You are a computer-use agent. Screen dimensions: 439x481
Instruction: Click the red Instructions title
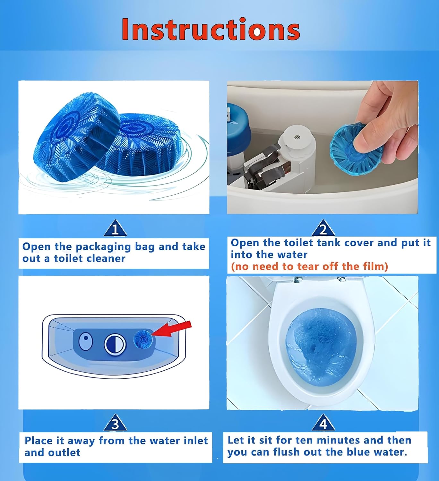[211, 29]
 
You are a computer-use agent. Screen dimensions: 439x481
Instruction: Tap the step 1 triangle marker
[115, 229]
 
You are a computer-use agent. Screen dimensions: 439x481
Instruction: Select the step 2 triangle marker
[323, 228]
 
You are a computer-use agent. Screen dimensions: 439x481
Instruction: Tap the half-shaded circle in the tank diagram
[115, 344]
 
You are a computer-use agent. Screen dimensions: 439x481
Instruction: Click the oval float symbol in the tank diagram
[86, 342]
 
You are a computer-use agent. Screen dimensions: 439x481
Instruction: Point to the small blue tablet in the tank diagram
[143, 339]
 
